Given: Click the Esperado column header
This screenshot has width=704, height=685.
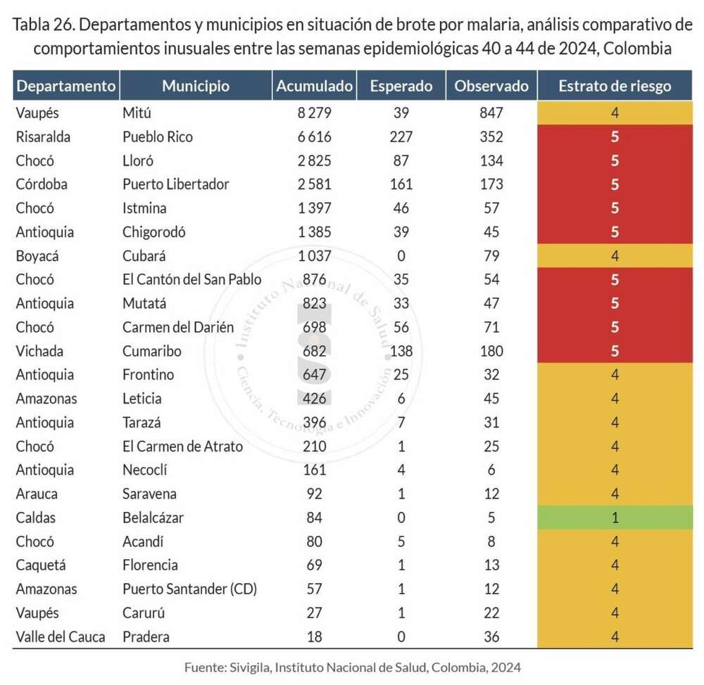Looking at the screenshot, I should (x=401, y=87).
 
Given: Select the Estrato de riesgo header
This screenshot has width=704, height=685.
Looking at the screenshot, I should (x=615, y=87).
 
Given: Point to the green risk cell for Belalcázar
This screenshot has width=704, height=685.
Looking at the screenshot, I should (x=615, y=518).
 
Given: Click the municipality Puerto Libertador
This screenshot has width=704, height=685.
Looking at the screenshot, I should (x=175, y=184).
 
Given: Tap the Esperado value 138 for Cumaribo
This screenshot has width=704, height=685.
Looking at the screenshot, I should (x=401, y=351).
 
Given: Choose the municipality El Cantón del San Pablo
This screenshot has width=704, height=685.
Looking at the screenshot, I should (x=191, y=279).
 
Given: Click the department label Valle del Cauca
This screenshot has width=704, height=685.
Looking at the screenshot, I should (x=61, y=637).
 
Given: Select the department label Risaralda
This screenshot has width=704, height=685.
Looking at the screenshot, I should (x=44, y=136).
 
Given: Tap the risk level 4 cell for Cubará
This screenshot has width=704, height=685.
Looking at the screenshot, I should (x=615, y=255).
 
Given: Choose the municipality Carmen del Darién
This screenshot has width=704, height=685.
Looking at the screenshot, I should (x=177, y=327).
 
